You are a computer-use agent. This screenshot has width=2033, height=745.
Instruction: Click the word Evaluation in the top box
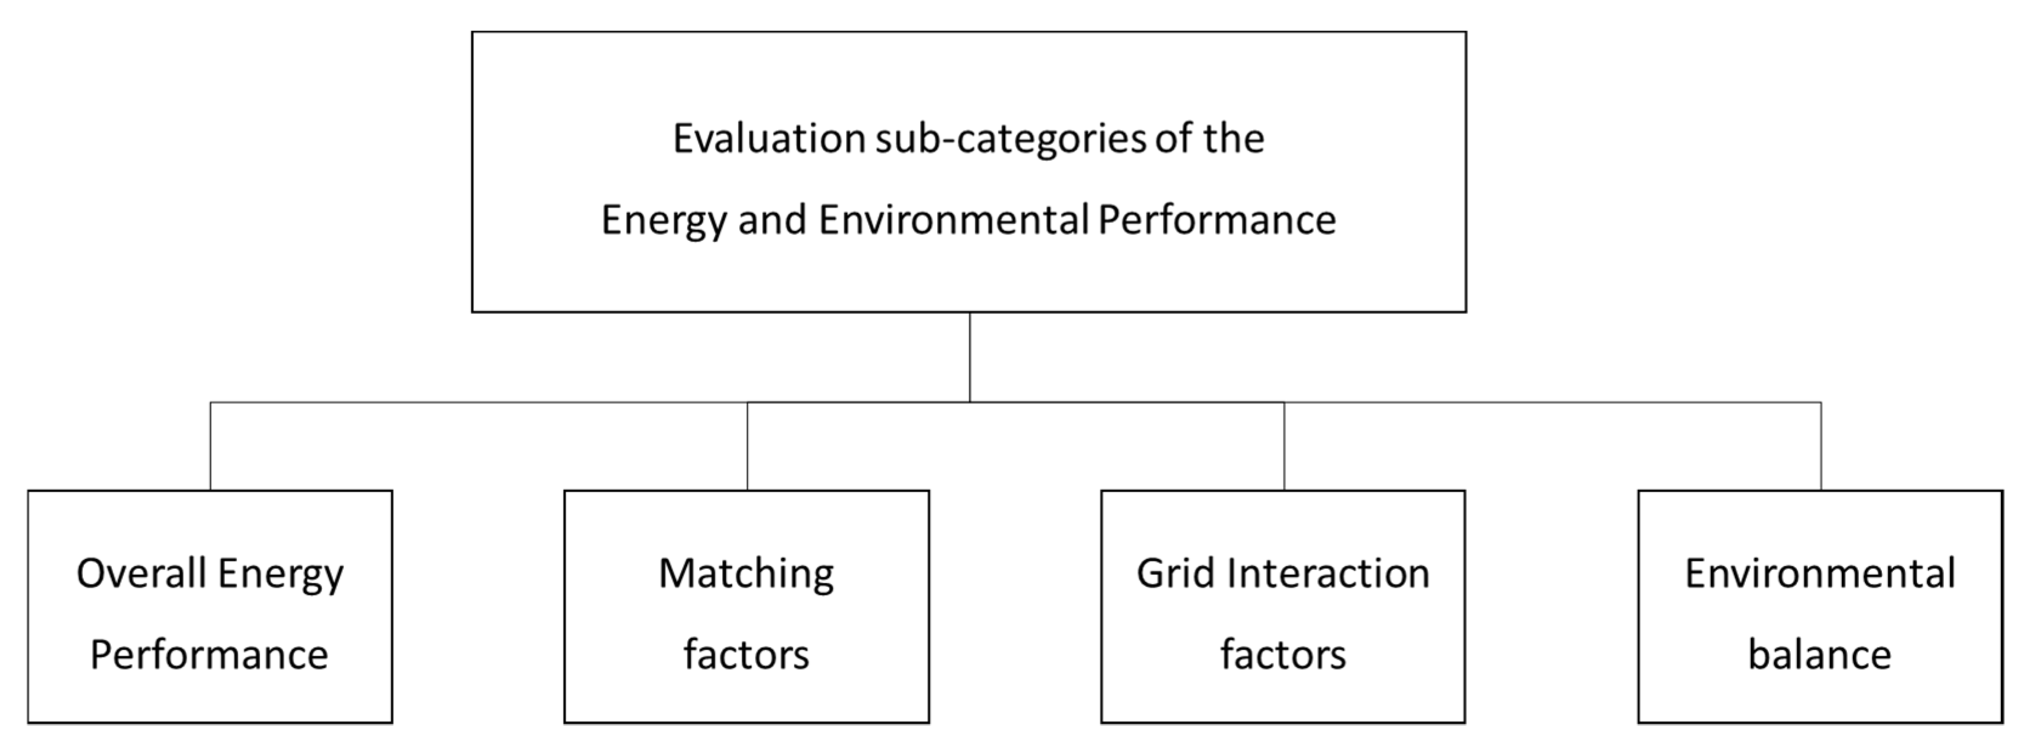[x=769, y=139]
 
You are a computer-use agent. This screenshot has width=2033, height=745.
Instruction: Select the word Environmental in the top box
[x=953, y=220]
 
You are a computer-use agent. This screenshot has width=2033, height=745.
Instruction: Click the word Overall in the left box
[x=141, y=574]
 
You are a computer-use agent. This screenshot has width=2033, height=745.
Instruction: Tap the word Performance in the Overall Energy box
[x=209, y=655]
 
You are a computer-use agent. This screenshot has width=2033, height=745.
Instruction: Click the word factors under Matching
[x=746, y=655]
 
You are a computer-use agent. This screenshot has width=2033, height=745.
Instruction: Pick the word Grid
[x=1176, y=574]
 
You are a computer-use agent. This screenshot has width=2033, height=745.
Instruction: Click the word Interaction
[x=1328, y=574]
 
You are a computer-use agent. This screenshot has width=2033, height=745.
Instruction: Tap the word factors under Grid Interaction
[x=1284, y=655]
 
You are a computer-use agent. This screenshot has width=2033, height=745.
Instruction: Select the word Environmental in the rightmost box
[x=1820, y=574]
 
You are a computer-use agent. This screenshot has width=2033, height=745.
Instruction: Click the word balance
[x=1820, y=655]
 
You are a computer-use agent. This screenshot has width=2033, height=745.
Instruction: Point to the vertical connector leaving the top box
[x=969, y=357]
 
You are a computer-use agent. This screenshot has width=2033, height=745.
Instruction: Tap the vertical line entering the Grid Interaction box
[x=1284, y=446]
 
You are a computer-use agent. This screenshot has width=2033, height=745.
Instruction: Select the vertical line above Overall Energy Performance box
[x=210, y=446]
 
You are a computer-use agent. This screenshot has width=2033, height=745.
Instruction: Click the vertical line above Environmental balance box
[x=1821, y=446]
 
